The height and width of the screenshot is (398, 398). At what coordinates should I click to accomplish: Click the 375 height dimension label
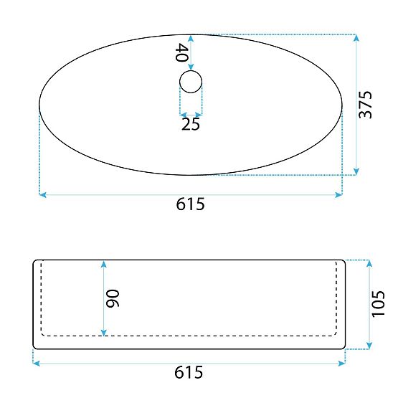pos(365,105)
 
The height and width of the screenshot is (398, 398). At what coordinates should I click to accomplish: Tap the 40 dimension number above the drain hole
pos(181,52)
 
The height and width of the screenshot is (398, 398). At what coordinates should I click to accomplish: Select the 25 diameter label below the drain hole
pos(191,124)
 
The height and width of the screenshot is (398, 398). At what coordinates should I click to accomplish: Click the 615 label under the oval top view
pos(190,204)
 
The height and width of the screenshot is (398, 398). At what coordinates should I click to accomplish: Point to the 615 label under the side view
pos(189,372)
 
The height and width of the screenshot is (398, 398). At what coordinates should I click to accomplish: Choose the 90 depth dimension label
pos(112,298)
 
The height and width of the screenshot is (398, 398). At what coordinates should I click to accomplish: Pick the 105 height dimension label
pos(378,304)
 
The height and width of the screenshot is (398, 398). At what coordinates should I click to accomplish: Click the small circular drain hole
pos(191,82)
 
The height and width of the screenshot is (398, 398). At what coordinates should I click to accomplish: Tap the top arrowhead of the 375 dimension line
pos(356,38)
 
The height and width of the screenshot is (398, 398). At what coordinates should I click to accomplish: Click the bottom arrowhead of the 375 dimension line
pos(356,171)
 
